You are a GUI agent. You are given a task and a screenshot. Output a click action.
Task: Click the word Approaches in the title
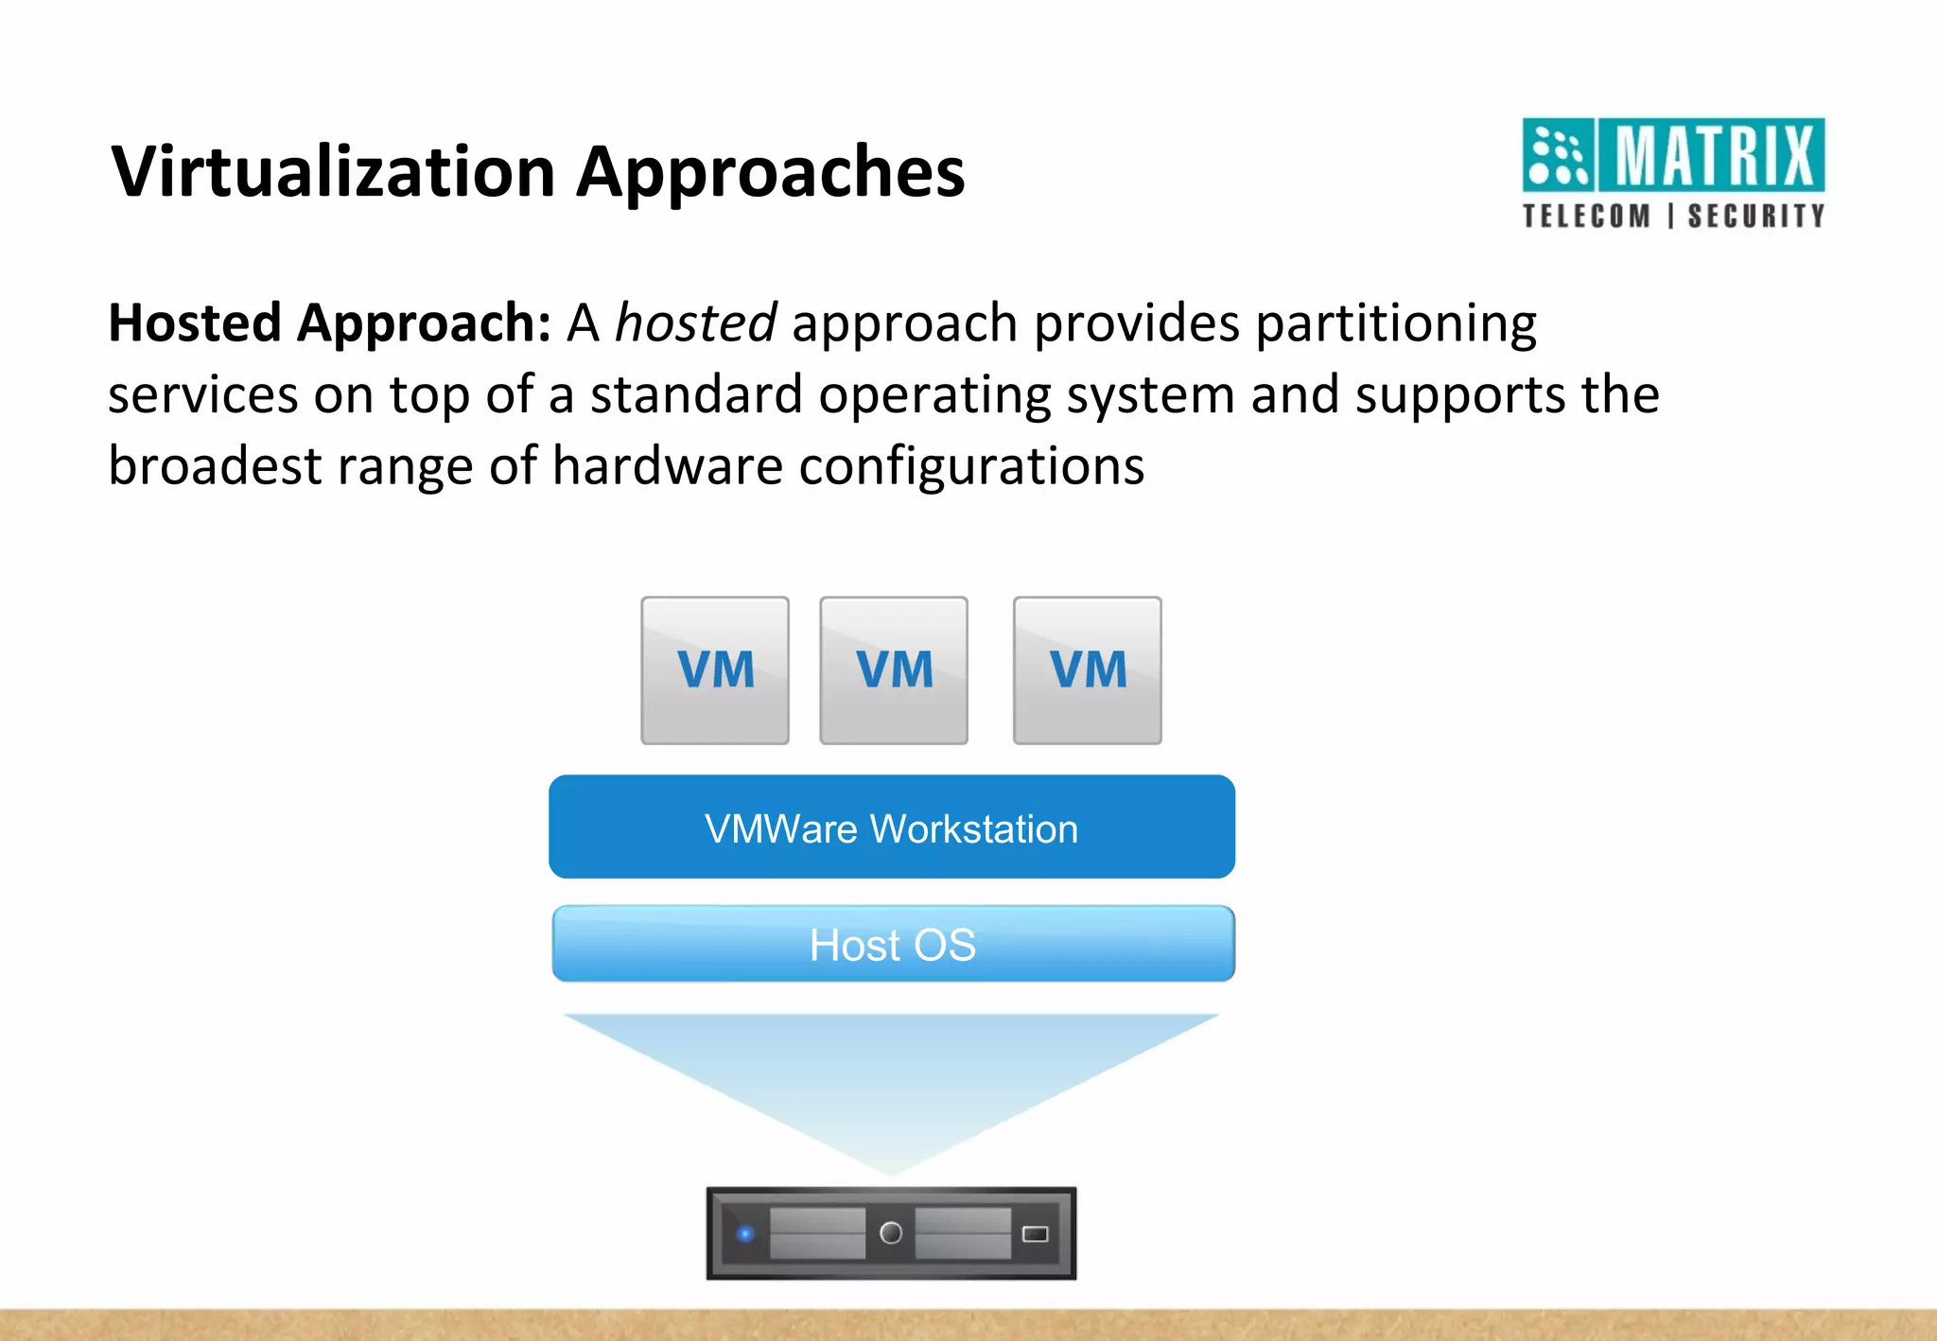(771, 172)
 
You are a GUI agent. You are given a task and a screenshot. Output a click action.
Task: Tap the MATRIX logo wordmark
(1713, 155)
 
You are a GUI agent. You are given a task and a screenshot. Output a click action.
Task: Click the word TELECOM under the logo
(1586, 217)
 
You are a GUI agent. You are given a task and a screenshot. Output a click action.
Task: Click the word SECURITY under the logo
(1756, 217)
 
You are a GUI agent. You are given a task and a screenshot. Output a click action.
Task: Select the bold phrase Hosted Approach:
(329, 323)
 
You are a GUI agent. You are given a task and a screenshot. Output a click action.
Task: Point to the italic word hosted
(695, 323)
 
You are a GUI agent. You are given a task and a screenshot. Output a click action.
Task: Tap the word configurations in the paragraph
(971, 466)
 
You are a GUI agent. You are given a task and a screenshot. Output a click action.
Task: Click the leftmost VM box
(715, 670)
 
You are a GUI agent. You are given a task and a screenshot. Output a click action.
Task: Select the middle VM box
(894, 670)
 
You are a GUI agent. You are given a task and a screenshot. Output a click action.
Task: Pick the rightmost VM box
(1088, 670)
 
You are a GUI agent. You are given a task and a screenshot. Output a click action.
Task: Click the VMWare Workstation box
(892, 827)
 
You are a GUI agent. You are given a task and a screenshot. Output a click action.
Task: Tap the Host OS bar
(893, 944)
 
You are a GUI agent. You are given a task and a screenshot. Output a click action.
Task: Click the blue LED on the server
(745, 1233)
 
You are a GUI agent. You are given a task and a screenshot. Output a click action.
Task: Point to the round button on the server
(891, 1233)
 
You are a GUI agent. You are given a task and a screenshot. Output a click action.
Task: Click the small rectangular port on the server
(1036, 1233)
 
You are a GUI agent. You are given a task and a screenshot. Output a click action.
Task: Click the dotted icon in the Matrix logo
(1558, 155)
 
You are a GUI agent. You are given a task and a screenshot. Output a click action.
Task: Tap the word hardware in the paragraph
(668, 466)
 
